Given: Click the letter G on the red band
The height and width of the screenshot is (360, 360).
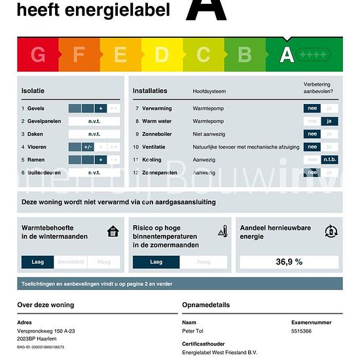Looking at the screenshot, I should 38,55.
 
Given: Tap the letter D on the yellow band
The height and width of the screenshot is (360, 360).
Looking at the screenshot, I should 162,55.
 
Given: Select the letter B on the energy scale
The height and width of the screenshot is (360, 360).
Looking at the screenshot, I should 245,55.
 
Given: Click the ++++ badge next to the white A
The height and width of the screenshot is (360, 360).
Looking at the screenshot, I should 314,55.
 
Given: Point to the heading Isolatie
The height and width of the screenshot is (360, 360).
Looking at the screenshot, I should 33,90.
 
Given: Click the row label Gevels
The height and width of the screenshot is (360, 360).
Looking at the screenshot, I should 36,108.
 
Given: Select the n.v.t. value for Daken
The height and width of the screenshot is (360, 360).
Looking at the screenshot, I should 94,134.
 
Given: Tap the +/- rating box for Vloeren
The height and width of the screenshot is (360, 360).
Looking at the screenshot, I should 88,147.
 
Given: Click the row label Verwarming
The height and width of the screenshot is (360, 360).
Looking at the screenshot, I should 156,108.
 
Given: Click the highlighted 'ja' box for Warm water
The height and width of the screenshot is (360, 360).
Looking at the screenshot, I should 330,121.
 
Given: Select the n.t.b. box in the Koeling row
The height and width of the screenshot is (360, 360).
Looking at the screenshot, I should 330,160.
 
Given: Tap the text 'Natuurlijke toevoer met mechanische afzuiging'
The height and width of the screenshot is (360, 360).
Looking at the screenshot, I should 241,147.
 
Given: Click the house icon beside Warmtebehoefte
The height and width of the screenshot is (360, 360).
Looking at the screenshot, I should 113,231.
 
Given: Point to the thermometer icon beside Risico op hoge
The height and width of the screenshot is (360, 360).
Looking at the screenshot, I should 223,231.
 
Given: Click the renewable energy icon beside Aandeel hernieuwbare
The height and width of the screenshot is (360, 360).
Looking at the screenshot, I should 331,231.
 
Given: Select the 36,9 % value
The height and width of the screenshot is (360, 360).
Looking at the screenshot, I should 289,262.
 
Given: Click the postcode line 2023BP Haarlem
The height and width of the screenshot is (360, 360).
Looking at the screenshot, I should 37,338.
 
